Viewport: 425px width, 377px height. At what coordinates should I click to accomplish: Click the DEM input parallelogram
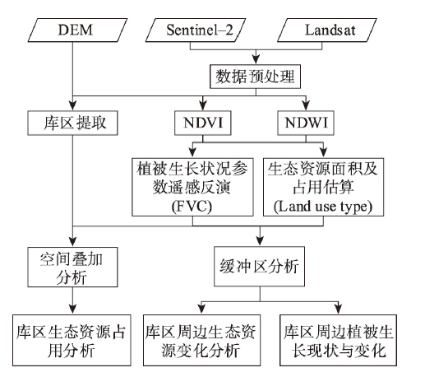pyautogui.click(x=77, y=30)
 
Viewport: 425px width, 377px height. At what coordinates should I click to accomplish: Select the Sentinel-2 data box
pyautogui.click(x=196, y=30)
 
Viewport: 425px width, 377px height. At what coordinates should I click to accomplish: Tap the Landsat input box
pyautogui.click(x=327, y=30)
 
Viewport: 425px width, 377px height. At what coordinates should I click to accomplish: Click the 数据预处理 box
pyautogui.click(x=255, y=77)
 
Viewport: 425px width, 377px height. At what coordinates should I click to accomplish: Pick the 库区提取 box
pyautogui.click(x=72, y=123)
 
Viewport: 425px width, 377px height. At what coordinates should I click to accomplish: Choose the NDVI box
pyautogui.click(x=203, y=123)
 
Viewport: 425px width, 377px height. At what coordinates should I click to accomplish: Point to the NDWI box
pyautogui.click(x=306, y=123)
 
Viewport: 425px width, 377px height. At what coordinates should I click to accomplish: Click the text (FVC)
pyautogui.click(x=192, y=207)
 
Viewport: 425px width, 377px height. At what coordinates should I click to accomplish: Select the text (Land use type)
pyautogui.click(x=323, y=207)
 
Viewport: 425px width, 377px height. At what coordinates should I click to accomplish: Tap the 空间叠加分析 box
pyautogui.click(x=72, y=267)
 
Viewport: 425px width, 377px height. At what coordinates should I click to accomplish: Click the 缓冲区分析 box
pyautogui.click(x=259, y=267)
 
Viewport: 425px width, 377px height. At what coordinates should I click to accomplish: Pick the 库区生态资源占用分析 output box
pyautogui.click(x=72, y=340)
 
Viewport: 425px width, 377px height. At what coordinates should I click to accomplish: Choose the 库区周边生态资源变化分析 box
pyautogui.click(x=201, y=340)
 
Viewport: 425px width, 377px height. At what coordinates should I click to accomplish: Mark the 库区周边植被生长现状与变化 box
pyautogui.click(x=338, y=340)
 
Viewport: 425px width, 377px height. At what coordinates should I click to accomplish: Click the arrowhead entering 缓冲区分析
pyautogui.click(x=260, y=241)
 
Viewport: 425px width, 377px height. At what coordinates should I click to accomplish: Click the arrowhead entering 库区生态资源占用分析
pyautogui.click(x=72, y=310)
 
